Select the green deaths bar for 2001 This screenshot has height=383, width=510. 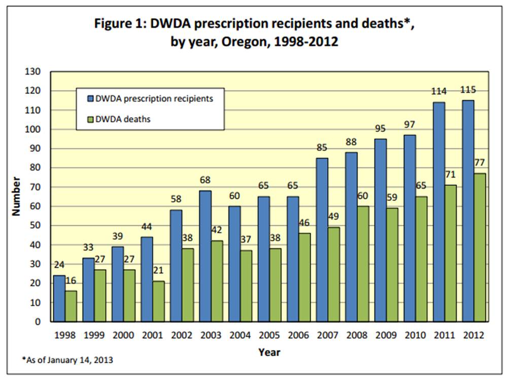[x=158, y=301]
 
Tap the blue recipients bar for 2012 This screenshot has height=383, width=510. [x=468, y=211]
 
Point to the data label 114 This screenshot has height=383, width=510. [x=438, y=92]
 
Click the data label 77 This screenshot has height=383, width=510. [x=480, y=163]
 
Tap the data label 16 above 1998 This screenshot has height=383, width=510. [x=71, y=281]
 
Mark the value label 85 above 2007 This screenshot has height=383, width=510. [x=322, y=148]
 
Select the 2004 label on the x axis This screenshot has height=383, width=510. [x=240, y=335]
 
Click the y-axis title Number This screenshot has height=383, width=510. [x=16, y=196]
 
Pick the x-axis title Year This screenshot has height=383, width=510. [x=269, y=352]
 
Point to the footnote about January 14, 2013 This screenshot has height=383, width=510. [x=67, y=360]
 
